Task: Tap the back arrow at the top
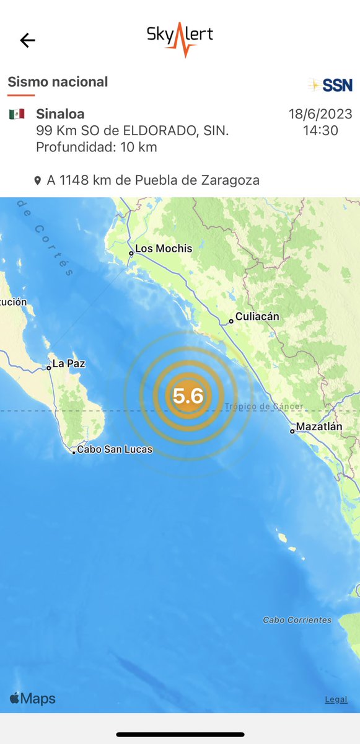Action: pyautogui.click(x=28, y=41)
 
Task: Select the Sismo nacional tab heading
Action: pyautogui.click(x=58, y=82)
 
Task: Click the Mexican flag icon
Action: pyautogui.click(x=17, y=114)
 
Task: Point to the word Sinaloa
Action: pyautogui.click(x=60, y=114)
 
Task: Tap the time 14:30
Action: pyautogui.click(x=320, y=131)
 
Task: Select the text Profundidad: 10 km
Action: pyautogui.click(x=96, y=148)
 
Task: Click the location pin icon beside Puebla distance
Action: pyautogui.click(x=38, y=181)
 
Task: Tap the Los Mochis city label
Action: pyautogui.click(x=164, y=249)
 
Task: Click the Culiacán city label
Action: pyautogui.click(x=257, y=317)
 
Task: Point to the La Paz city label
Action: pyautogui.click(x=68, y=364)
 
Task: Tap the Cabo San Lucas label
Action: pyautogui.click(x=114, y=449)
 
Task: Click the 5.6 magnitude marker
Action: pyautogui.click(x=188, y=395)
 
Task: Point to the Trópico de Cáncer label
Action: pyautogui.click(x=264, y=407)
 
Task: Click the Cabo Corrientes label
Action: pyautogui.click(x=297, y=620)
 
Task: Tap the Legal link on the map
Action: pyautogui.click(x=336, y=699)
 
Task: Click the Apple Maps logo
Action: pyautogui.click(x=32, y=699)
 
